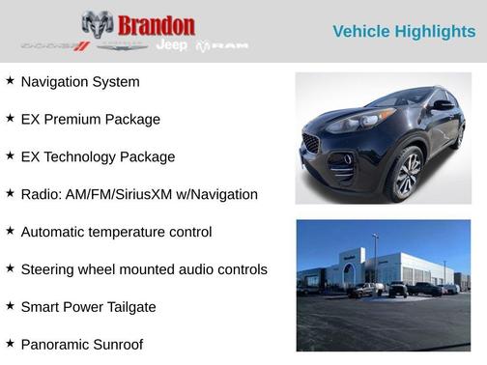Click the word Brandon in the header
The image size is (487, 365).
click(158, 25)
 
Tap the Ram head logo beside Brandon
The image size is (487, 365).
click(98, 24)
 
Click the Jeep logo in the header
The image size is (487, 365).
click(172, 45)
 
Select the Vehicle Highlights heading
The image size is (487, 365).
click(404, 32)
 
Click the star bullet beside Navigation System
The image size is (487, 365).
click(10, 81)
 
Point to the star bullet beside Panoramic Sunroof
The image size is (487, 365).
click(10, 343)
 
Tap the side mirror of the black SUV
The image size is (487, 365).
click(443, 105)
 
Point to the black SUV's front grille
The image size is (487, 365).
click(311, 143)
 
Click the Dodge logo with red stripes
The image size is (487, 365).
click(55, 46)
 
